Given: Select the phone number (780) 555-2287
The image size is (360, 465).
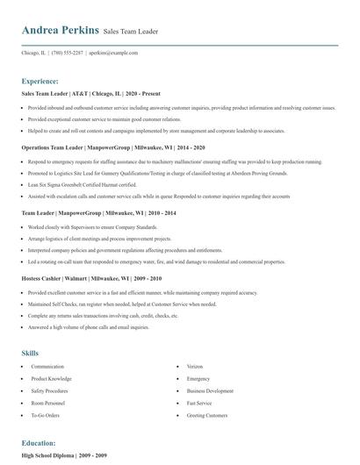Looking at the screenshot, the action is point(68,53).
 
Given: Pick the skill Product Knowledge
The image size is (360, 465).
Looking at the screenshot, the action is point(51,378).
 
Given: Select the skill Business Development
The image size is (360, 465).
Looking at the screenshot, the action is point(210,390).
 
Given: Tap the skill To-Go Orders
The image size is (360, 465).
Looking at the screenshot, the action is point(46,415).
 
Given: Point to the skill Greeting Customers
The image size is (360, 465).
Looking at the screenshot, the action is point(207,415).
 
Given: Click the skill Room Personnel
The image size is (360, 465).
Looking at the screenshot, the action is point(49,403).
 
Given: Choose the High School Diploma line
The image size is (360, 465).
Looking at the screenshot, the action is point(65,456).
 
